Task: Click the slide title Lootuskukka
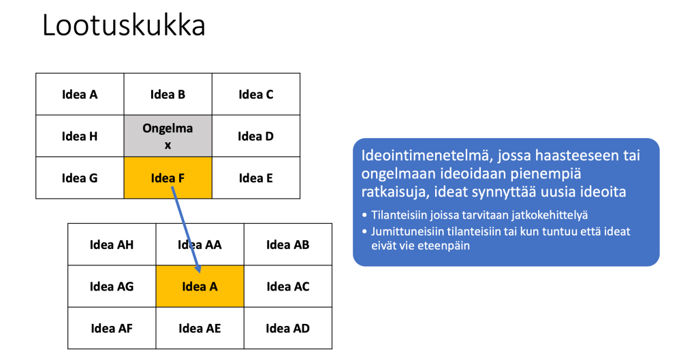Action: click(124, 25)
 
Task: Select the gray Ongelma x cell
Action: click(168, 136)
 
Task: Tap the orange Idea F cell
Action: click(168, 178)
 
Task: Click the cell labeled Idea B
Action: click(168, 95)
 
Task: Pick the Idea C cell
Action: click(256, 95)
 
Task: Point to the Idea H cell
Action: click(80, 136)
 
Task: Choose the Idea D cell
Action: click(256, 136)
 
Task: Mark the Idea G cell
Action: click(80, 178)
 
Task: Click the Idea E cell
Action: click(256, 178)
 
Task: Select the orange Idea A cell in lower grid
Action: click(200, 287)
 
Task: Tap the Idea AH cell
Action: click(112, 245)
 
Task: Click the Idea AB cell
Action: click(287, 245)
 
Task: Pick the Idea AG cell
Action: click(112, 287)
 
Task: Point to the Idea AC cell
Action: click(287, 287)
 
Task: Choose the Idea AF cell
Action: click(112, 328)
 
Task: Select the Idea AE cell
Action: click(200, 328)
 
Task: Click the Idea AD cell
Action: click(287, 328)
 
